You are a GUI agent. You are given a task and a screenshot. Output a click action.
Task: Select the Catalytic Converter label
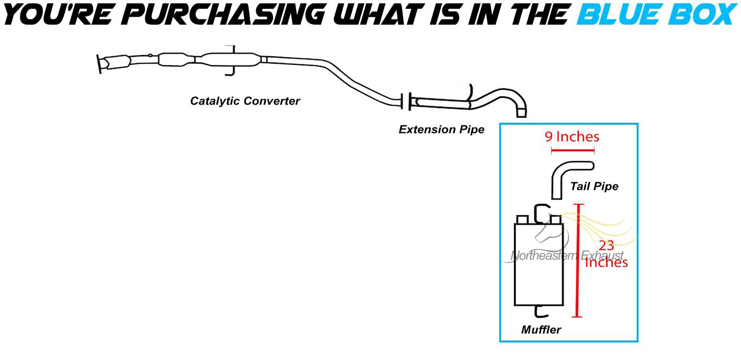pos(245,101)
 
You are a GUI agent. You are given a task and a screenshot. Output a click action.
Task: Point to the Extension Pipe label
pos(441,130)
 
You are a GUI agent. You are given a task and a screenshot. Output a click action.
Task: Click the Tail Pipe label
pos(594,186)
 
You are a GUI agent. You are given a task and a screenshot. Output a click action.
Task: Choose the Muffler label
pos(541,330)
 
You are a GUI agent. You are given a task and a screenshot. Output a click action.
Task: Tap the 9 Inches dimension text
pos(572,137)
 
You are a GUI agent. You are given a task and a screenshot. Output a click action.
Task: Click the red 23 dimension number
pos(606,246)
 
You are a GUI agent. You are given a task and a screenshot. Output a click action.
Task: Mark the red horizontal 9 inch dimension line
pos(572,150)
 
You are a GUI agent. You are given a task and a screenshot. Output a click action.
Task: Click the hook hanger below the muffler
pos(540,312)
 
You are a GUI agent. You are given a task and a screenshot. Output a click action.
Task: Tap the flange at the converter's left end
pos(100,63)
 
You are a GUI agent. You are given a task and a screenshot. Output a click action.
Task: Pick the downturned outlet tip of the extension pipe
pos(521,112)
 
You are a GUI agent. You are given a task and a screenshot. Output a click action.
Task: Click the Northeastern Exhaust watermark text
pos(567,255)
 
